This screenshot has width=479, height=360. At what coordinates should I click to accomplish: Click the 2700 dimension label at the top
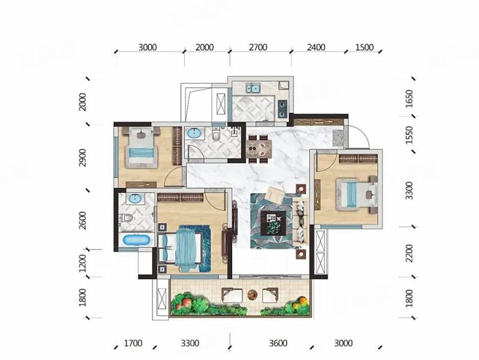coord(258,47)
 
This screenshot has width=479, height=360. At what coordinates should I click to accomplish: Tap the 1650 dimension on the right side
coord(409,98)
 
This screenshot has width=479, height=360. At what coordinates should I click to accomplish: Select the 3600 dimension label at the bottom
coord(278,343)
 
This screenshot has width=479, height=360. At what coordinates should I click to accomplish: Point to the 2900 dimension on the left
coord(82,158)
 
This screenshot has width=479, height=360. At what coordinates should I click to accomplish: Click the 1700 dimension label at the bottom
coord(133,343)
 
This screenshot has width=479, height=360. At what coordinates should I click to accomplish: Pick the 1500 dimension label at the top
coord(365,47)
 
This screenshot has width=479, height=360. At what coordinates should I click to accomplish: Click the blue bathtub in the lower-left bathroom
coord(136,239)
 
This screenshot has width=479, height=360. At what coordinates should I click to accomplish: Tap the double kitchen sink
coord(253,88)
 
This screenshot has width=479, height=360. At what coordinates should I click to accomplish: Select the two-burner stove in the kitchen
coord(282,109)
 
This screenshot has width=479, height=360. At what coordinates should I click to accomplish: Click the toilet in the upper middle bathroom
coord(216,134)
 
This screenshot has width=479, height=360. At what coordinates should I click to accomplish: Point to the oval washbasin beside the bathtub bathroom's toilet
coord(134,199)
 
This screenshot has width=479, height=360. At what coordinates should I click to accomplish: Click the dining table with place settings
coord(259,149)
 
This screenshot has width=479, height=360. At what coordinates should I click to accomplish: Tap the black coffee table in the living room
coord(273,223)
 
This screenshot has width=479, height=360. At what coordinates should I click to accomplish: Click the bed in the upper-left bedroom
coord(141,148)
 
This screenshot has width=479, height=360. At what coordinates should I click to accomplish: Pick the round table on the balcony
coord(252,295)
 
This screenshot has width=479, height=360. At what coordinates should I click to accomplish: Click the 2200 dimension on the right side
coord(409,253)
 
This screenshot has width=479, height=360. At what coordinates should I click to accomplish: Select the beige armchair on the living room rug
coord(275,195)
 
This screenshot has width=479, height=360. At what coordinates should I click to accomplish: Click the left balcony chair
coord(232,295)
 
